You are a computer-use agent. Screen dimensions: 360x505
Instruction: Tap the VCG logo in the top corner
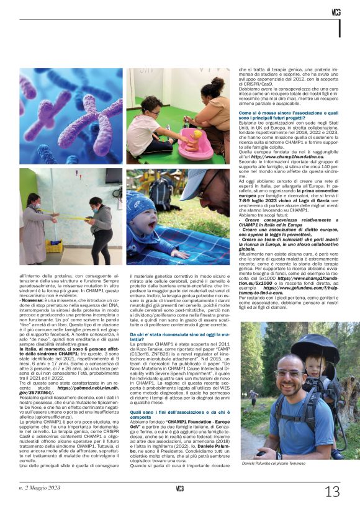tap(336, 12)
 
